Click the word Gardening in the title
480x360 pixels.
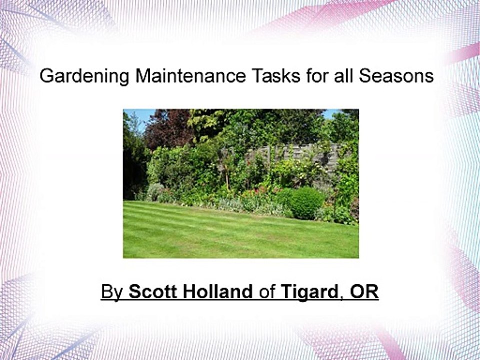coord(84,77)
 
